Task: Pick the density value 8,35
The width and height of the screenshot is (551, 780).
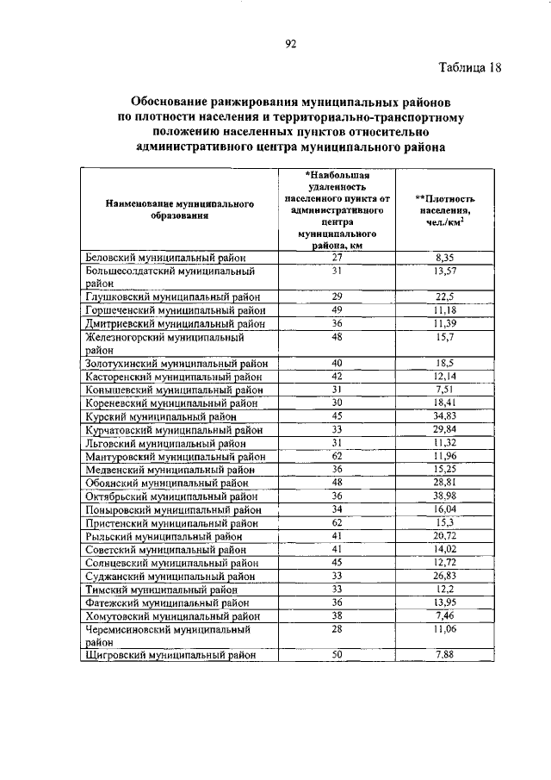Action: click(445, 257)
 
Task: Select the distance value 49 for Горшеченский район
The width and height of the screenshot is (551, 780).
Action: click(337, 309)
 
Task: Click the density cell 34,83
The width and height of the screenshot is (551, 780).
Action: click(445, 415)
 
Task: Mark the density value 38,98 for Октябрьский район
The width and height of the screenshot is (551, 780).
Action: click(445, 496)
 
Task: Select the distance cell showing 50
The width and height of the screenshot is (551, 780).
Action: click(337, 656)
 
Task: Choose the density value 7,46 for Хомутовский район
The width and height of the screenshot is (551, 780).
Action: click(445, 616)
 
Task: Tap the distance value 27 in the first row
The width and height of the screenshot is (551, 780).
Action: click(337, 257)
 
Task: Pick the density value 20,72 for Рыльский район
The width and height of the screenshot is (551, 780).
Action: click(445, 535)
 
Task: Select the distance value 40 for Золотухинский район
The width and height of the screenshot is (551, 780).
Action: click(337, 363)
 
